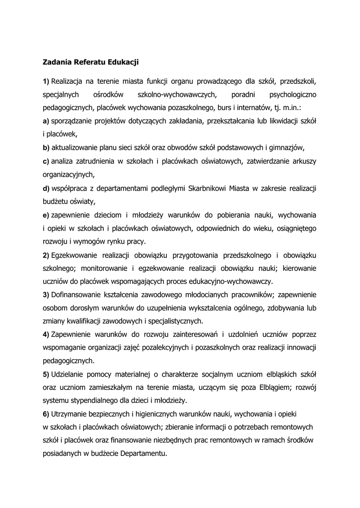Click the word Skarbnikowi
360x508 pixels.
point(198,188)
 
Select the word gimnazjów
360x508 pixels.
point(286,147)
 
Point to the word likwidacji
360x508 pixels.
point(278,121)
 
